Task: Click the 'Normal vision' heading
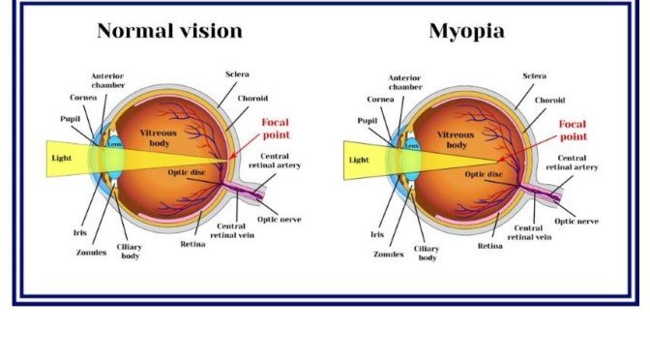pos(169,31)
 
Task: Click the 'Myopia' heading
pos(466,31)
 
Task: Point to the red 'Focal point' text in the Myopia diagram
pos(572,131)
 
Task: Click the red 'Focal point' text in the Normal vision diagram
pos(275,131)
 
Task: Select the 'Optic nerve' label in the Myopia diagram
pos(576,220)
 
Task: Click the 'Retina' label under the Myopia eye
pos(489,246)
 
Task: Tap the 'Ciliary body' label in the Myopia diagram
pos(427,254)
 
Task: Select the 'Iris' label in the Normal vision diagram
pos(79,232)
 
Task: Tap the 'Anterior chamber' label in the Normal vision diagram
pos(107,81)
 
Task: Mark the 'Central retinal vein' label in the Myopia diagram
pos(528,231)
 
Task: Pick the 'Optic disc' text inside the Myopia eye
pos(484,174)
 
